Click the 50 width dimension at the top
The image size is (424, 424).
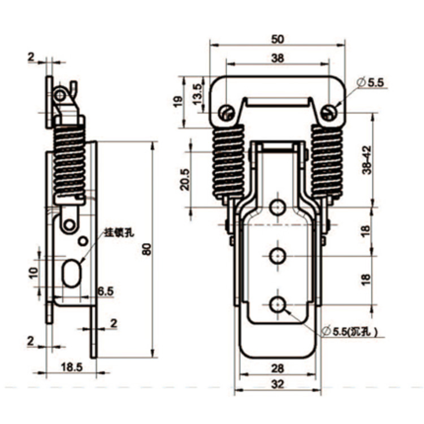tap(277, 39)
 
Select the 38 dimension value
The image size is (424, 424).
tap(277, 57)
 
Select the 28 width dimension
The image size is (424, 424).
tap(277, 368)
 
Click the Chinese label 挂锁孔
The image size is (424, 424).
tap(114, 232)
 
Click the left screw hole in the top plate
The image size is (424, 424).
tap(226, 113)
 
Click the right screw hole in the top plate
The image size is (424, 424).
tap(328, 113)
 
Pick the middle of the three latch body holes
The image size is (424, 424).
tap(277, 256)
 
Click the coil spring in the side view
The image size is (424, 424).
tap(70, 161)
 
